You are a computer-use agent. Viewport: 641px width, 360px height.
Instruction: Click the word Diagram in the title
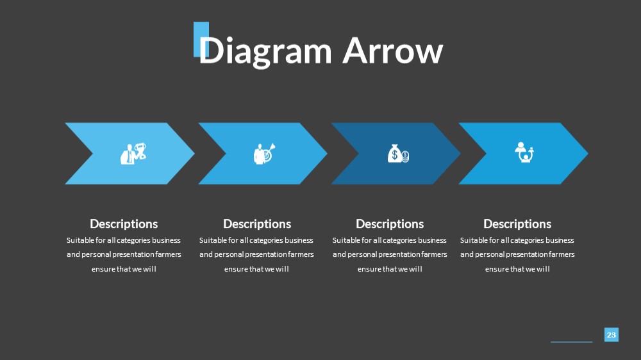point(265,51)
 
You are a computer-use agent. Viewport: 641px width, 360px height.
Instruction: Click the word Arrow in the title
point(393,51)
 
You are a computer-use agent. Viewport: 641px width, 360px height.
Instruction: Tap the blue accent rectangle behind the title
point(201,39)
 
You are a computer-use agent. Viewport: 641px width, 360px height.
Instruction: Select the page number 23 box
point(611,334)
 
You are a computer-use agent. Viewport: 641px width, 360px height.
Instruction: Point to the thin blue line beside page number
point(572,341)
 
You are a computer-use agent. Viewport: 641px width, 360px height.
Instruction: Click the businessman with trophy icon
point(133,153)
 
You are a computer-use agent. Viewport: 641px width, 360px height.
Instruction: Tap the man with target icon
point(265,153)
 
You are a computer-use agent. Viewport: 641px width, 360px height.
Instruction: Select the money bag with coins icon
point(398,154)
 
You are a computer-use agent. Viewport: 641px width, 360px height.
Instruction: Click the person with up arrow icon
point(524,152)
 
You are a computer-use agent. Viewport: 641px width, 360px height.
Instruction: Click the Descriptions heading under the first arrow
point(124,224)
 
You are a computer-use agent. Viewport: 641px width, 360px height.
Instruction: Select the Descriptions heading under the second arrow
point(257,224)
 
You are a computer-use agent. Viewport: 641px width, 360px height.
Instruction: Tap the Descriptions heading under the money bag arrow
point(390,224)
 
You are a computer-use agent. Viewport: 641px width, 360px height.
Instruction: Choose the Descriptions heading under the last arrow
point(517,224)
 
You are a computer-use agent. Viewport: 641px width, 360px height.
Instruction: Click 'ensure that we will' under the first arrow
point(124,269)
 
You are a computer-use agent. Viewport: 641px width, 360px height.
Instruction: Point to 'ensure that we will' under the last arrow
point(517,269)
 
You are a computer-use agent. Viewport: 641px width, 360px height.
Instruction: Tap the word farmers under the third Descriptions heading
point(434,254)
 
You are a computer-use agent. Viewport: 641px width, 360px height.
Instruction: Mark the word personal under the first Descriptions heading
point(96,254)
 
